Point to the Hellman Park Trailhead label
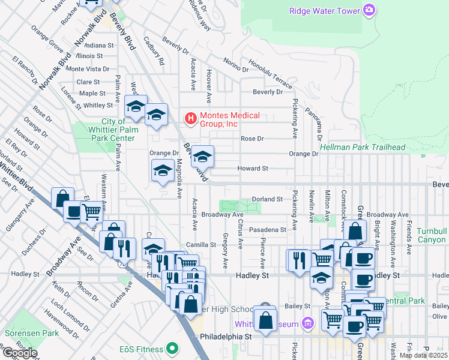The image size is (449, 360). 363,147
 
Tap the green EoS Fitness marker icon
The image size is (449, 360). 172,349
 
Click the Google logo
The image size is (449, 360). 19,352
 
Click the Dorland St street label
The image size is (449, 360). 267,199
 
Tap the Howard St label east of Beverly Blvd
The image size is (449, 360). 253,169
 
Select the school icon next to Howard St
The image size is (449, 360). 203,157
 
